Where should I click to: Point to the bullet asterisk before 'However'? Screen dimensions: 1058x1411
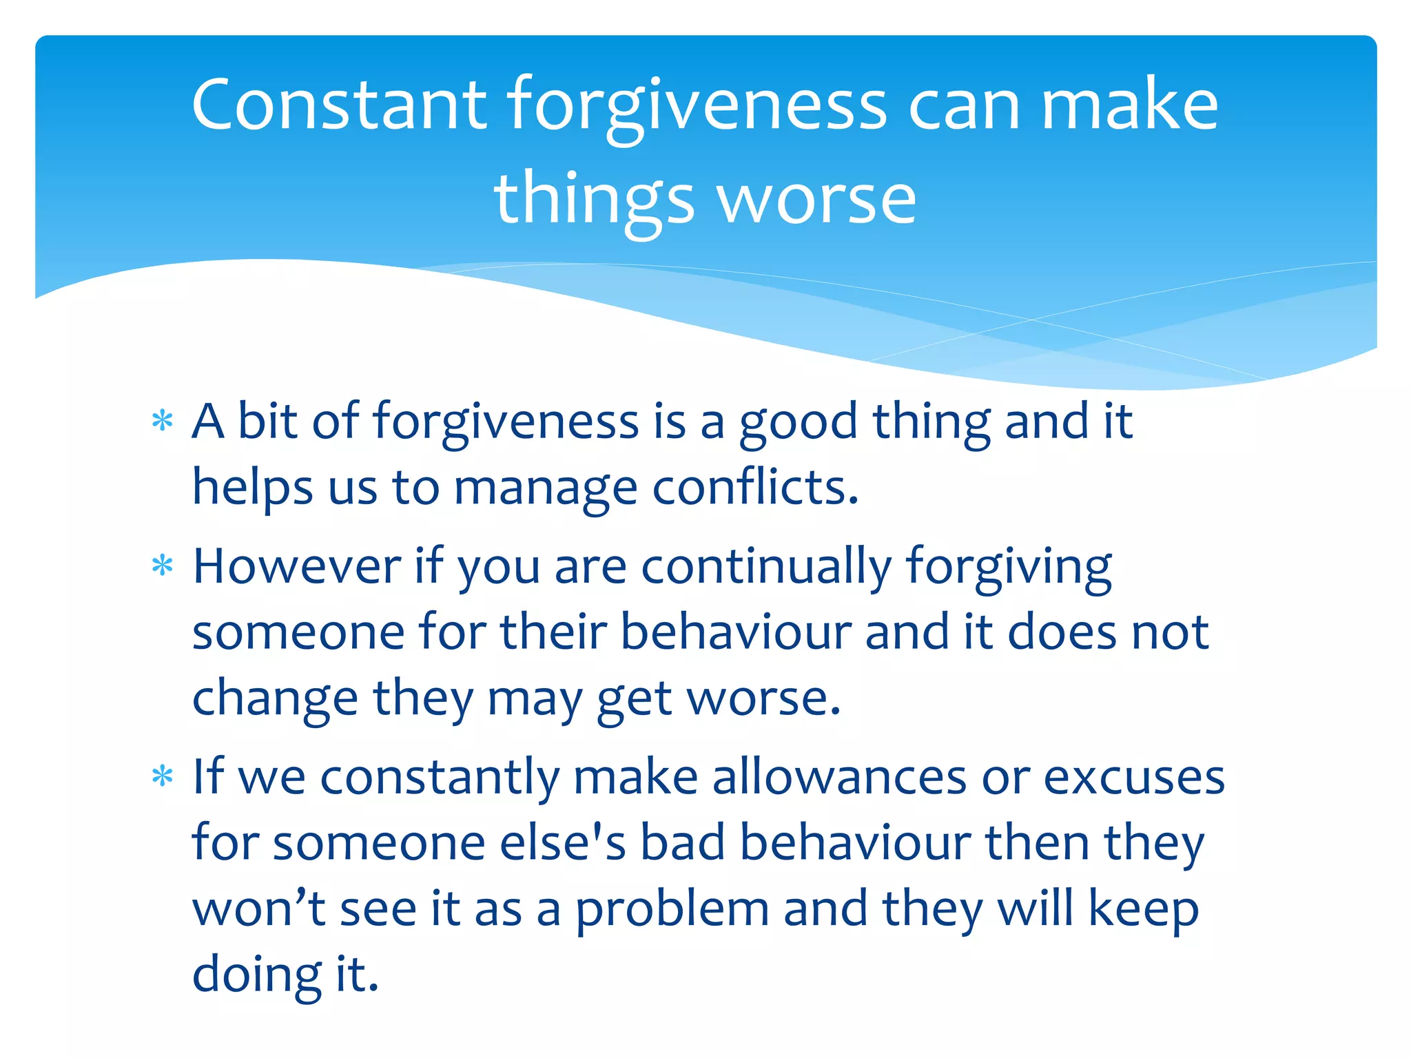162,566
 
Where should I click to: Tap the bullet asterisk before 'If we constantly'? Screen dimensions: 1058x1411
162,777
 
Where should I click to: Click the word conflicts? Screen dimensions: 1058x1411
755,487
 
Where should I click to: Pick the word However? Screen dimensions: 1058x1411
297,566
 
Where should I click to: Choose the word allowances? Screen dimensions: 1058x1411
839,777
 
